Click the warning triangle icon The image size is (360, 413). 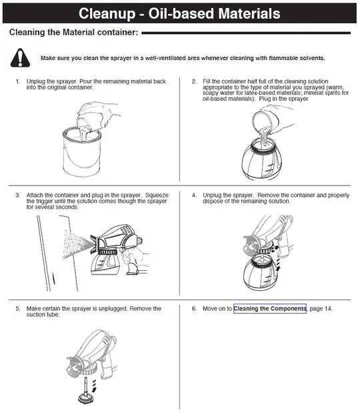tap(20, 57)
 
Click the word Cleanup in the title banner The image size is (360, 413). tap(107, 13)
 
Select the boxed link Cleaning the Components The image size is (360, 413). tap(270, 308)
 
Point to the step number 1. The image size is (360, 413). tap(18, 81)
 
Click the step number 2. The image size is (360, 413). tap(194, 81)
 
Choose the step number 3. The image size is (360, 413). tap(17, 195)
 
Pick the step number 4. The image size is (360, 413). tap(194, 195)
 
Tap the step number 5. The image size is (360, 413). tap(17, 308)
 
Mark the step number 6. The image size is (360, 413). tap(194, 308)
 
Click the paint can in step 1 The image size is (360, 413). tap(82, 152)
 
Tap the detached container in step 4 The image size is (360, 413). tap(261, 273)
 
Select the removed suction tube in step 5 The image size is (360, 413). tap(86, 390)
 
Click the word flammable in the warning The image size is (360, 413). tap(283, 58)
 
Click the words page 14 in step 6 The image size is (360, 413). tap(321, 308)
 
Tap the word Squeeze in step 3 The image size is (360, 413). tap(157, 195)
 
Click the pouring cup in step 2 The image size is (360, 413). tap(265, 120)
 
